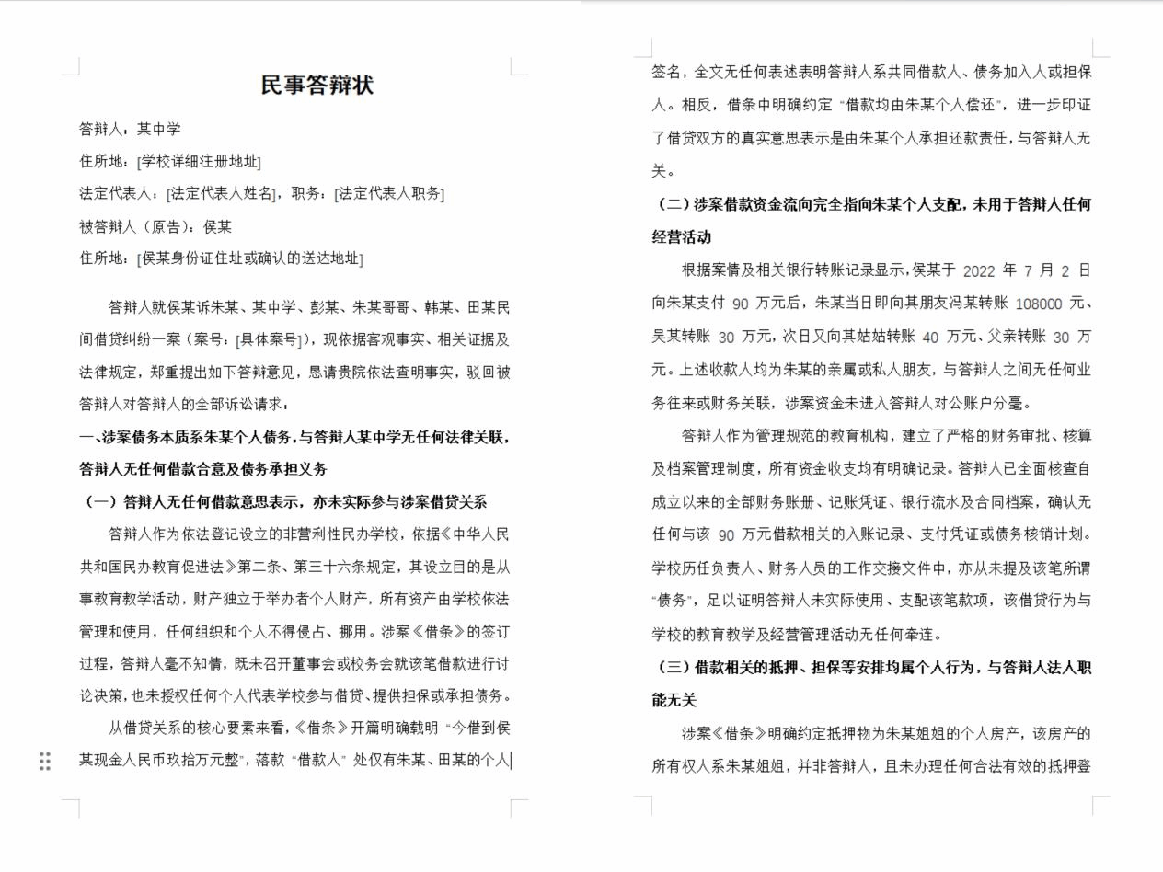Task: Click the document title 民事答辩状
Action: (x=317, y=86)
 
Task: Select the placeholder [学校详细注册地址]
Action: (x=199, y=162)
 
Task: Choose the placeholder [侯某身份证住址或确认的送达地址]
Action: (x=250, y=258)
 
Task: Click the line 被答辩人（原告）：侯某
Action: (x=155, y=226)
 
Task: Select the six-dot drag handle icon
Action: (x=44, y=761)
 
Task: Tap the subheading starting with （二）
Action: (x=871, y=204)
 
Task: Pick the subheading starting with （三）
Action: (x=871, y=668)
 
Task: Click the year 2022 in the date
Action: (x=979, y=271)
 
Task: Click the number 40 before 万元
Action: (x=930, y=338)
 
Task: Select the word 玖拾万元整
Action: (x=202, y=761)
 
